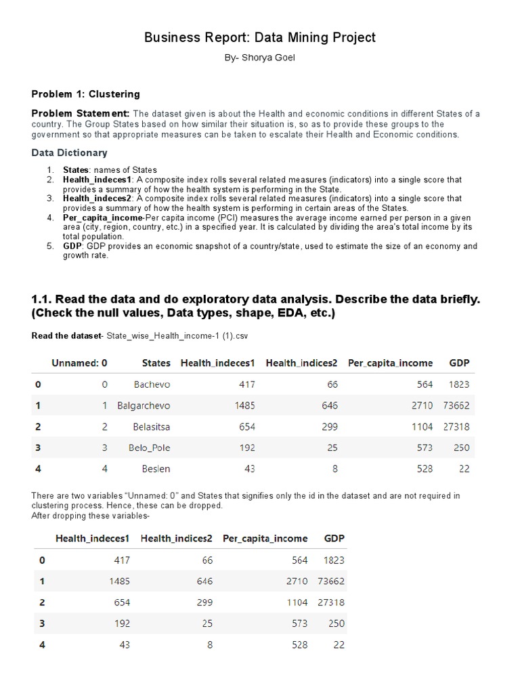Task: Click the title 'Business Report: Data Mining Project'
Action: (x=260, y=38)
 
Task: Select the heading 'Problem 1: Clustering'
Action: (x=86, y=94)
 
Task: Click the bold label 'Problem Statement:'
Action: (x=81, y=113)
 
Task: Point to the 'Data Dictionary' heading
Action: (x=69, y=153)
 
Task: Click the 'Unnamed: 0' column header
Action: (x=79, y=363)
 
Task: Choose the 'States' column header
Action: (x=156, y=363)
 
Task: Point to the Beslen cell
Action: (x=155, y=469)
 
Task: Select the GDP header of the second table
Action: (x=334, y=539)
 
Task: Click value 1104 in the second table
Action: (x=295, y=603)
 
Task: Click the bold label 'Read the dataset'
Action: (x=64, y=336)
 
